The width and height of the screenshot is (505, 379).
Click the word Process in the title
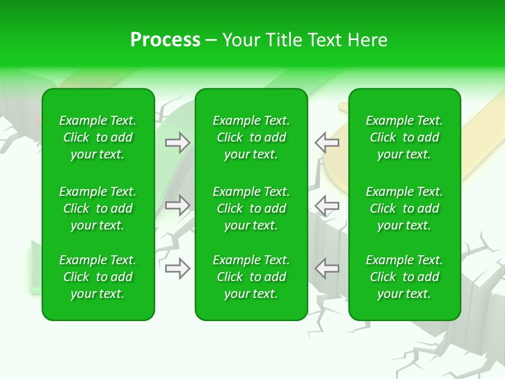click(x=165, y=40)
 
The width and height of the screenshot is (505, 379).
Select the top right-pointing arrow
click(x=177, y=143)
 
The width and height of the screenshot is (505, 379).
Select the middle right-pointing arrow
click(x=177, y=205)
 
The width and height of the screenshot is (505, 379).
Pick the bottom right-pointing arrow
click(x=177, y=268)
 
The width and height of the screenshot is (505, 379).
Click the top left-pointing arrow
click(x=327, y=143)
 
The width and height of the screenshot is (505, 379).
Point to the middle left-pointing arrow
click(x=327, y=205)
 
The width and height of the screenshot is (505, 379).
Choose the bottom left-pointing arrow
click(x=327, y=268)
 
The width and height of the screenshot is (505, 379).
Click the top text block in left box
click(x=98, y=137)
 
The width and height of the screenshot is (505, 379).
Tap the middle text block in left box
click(x=98, y=208)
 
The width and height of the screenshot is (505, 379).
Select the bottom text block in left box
click(x=98, y=277)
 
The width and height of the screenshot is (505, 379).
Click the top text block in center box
click(x=251, y=137)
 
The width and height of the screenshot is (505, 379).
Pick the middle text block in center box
click(x=251, y=208)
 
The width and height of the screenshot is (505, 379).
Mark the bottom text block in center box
click(x=251, y=277)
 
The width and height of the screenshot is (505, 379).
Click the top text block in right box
click(x=405, y=137)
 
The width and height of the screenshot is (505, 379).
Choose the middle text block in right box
click(x=405, y=208)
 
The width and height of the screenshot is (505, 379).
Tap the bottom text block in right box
click(x=405, y=277)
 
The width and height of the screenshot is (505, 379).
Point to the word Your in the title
click(x=241, y=40)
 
